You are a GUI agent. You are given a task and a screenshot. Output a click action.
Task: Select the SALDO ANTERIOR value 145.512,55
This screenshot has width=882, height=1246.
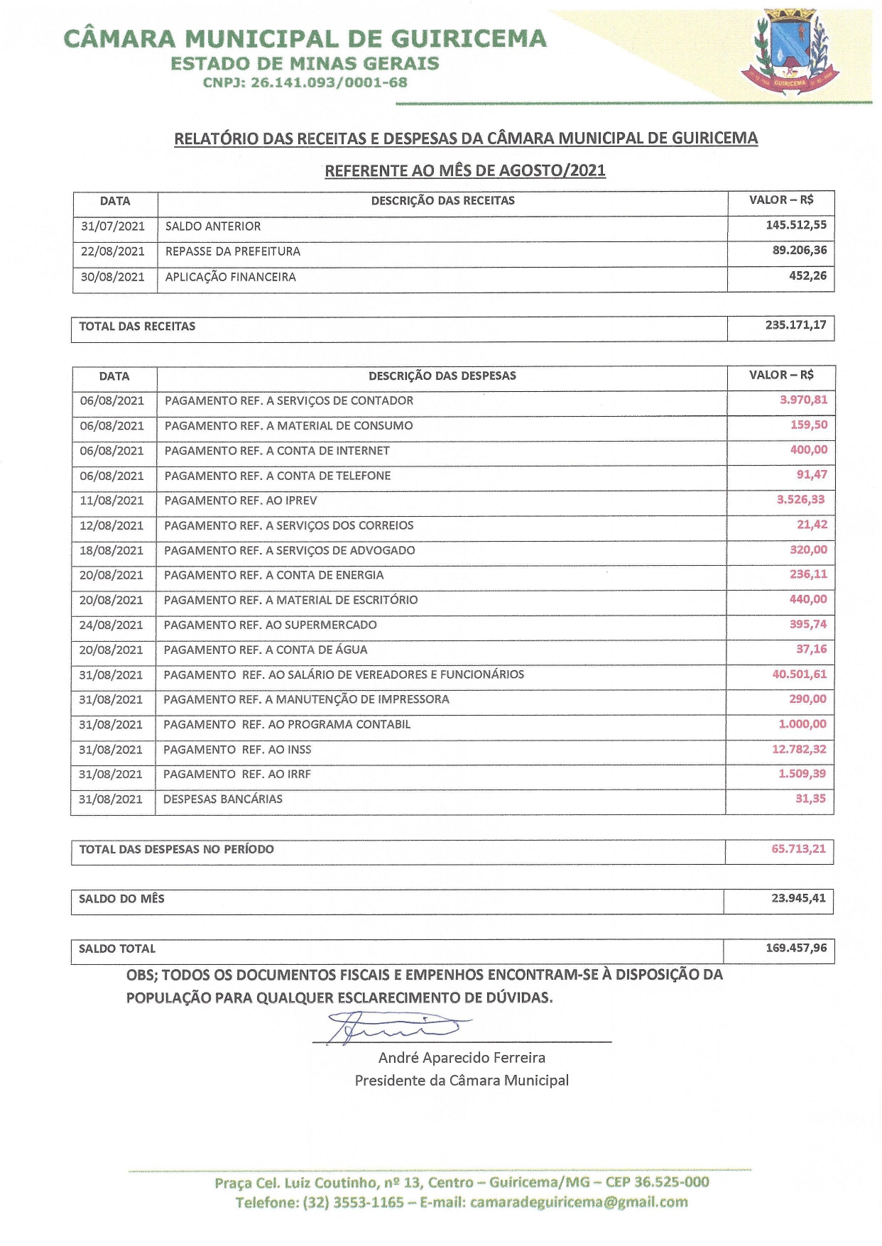click(796, 225)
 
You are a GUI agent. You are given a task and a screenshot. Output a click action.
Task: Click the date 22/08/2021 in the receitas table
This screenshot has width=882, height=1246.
click(113, 251)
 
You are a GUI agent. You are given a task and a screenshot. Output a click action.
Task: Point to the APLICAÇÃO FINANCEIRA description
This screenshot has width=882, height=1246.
click(231, 277)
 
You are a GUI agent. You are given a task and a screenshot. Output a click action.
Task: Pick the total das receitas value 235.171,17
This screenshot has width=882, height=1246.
click(795, 325)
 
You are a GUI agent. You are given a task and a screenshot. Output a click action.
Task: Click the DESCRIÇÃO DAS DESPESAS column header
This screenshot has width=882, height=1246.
click(442, 376)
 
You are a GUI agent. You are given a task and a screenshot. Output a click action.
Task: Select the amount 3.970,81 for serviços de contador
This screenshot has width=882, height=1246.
click(803, 400)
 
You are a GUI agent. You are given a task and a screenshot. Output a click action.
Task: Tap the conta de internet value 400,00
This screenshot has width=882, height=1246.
click(809, 449)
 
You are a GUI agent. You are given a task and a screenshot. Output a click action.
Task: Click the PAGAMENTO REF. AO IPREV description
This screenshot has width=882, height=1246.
click(241, 501)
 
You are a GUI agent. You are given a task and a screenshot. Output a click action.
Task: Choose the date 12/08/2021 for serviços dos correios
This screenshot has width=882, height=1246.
click(111, 525)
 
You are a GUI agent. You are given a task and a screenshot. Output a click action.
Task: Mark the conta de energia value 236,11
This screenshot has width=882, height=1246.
click(808, 574)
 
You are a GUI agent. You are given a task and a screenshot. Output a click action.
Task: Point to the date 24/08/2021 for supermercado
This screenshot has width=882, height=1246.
click(111, 625)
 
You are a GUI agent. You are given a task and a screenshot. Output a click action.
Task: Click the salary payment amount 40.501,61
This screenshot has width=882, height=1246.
click(799, 674)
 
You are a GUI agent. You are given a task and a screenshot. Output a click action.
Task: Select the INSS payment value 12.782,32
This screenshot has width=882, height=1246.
click(799, 749)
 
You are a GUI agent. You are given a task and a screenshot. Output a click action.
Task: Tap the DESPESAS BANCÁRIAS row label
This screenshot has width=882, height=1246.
click(223, 799)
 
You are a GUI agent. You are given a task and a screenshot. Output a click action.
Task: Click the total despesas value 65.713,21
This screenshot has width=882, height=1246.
click(798, 848)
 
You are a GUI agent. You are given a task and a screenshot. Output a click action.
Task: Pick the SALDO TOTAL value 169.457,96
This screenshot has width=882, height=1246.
click(796, 948)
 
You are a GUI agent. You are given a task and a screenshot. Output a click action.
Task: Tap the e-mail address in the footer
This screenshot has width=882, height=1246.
click(579, 1202)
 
